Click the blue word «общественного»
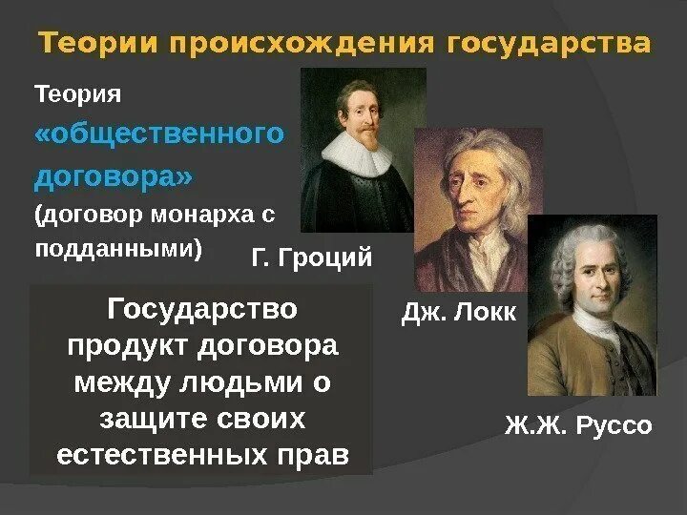[159, 134]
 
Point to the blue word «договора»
[114, 176]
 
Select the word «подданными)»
[119, 248]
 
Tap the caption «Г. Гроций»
[311, 258]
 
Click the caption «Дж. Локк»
[458, 314]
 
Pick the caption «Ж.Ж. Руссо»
[578, 425]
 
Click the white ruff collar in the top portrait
[358, 153]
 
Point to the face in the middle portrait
[468, 191]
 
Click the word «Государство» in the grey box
[203, 309]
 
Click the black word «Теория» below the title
[78, 94]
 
